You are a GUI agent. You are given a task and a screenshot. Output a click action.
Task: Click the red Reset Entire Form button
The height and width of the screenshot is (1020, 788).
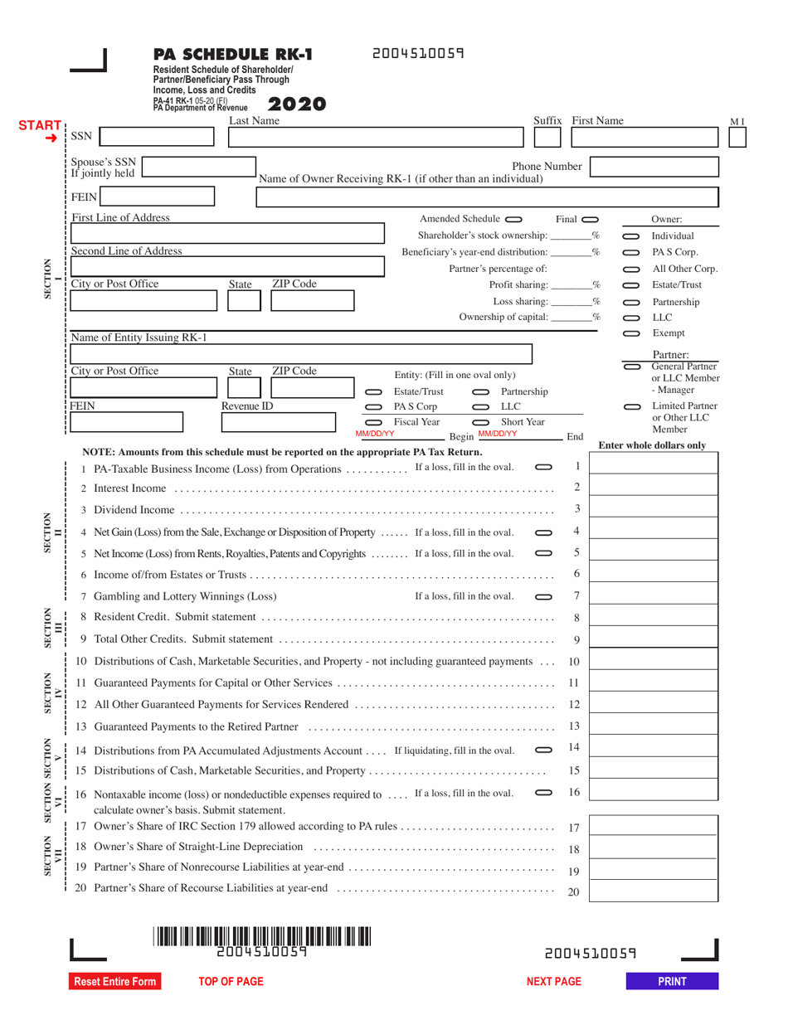(x=115, y=982)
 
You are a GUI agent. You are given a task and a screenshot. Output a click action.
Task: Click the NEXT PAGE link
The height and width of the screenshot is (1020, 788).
(x=554, y=982)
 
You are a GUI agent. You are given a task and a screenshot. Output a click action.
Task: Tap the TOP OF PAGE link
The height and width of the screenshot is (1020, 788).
(x=231, y=982)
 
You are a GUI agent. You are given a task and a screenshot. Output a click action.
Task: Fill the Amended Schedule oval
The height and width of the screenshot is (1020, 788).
(x=513, y=219)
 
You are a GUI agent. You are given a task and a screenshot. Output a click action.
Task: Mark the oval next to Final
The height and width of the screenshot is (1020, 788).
(x=590, y=219)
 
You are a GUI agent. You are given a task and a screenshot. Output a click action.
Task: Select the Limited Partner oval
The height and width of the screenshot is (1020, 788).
(x=632, y=406)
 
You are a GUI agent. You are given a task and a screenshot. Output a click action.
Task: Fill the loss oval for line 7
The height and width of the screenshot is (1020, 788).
(x=543, y=596)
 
